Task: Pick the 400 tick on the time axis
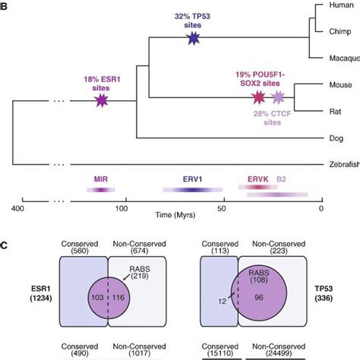pyautogui.click(x=15, y=207)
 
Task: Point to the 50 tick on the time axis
pyautogui.click(x=222, y=207)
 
